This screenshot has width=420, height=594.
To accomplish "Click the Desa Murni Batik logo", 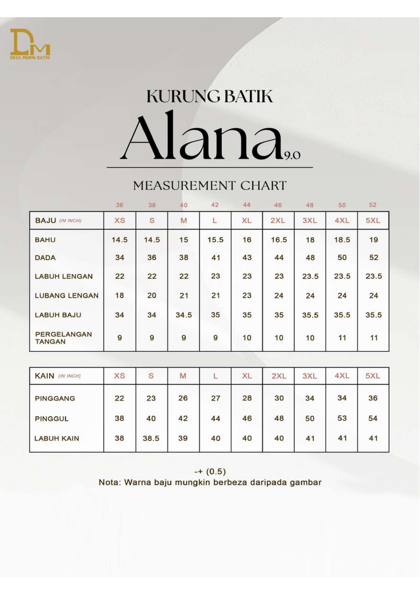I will point(30,44).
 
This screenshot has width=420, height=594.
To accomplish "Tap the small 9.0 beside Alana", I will point(293,155).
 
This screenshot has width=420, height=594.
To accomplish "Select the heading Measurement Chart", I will point(210,186).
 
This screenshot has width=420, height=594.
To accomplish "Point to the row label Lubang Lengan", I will point(67,296).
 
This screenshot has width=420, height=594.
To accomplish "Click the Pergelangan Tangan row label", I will point(63,338).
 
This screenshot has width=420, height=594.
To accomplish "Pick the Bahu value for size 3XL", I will point(310,240).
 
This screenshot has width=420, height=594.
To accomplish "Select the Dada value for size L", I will point(215,257).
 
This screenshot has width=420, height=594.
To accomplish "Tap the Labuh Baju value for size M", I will point(184,315).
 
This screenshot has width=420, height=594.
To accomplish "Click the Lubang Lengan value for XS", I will point(119,296).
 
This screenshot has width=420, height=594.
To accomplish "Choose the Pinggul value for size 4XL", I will point(342,418).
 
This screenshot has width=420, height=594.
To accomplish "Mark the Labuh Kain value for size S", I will point(151,438).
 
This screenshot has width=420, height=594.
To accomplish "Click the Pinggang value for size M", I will point(183,398).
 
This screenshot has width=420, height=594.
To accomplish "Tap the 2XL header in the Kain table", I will point(279,376).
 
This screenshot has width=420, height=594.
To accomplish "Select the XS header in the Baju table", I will point(120,221).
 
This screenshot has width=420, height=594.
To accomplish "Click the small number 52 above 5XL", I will point(372,205).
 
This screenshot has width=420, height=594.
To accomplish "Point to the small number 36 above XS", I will point(119,205).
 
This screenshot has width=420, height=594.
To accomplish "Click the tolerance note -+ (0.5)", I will point(210,471).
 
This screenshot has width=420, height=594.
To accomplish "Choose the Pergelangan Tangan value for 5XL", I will point(374,338).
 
